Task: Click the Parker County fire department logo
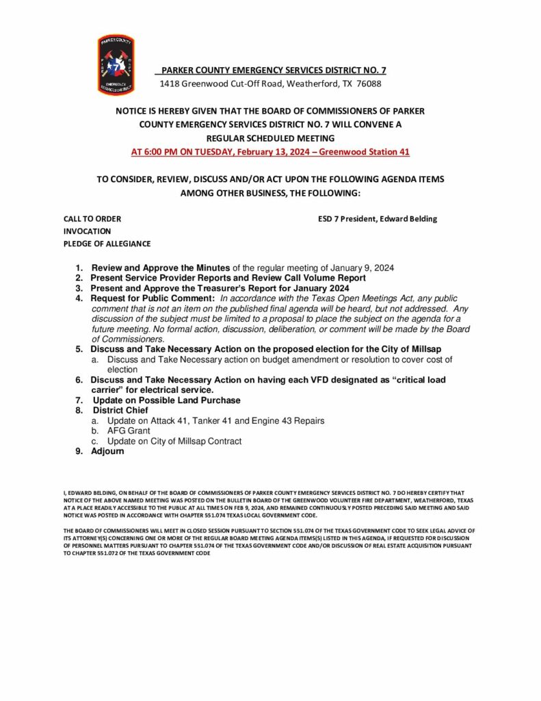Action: click(116, 65)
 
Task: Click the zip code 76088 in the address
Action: click(369, 84)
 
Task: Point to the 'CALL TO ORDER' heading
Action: click(92, 219)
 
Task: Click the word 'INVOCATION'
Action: click(87, 231)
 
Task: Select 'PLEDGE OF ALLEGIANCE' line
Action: click(107, 244)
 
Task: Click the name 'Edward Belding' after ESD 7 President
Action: click(407, 219)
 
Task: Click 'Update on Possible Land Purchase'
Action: click(166, 400)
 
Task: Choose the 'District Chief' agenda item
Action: click(120, 410)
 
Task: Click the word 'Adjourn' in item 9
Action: click(107, 451)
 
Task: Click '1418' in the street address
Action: click(169, 84)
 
